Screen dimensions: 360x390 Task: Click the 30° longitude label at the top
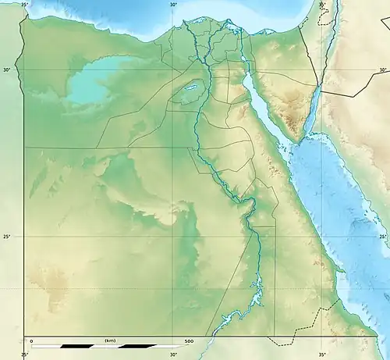pos(173,5)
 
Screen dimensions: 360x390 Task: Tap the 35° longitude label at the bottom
pos(322,355)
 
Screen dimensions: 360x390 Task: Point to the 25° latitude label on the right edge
pos(383,237)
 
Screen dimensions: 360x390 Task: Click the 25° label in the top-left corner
pos(25,5)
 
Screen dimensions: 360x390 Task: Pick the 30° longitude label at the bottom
pos(173,355)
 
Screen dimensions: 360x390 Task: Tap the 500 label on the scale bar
pos(190,341)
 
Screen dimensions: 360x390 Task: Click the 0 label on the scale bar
pos(31,341)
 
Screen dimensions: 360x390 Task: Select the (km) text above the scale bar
pos(110,341)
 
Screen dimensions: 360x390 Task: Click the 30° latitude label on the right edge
pos(383,70)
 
